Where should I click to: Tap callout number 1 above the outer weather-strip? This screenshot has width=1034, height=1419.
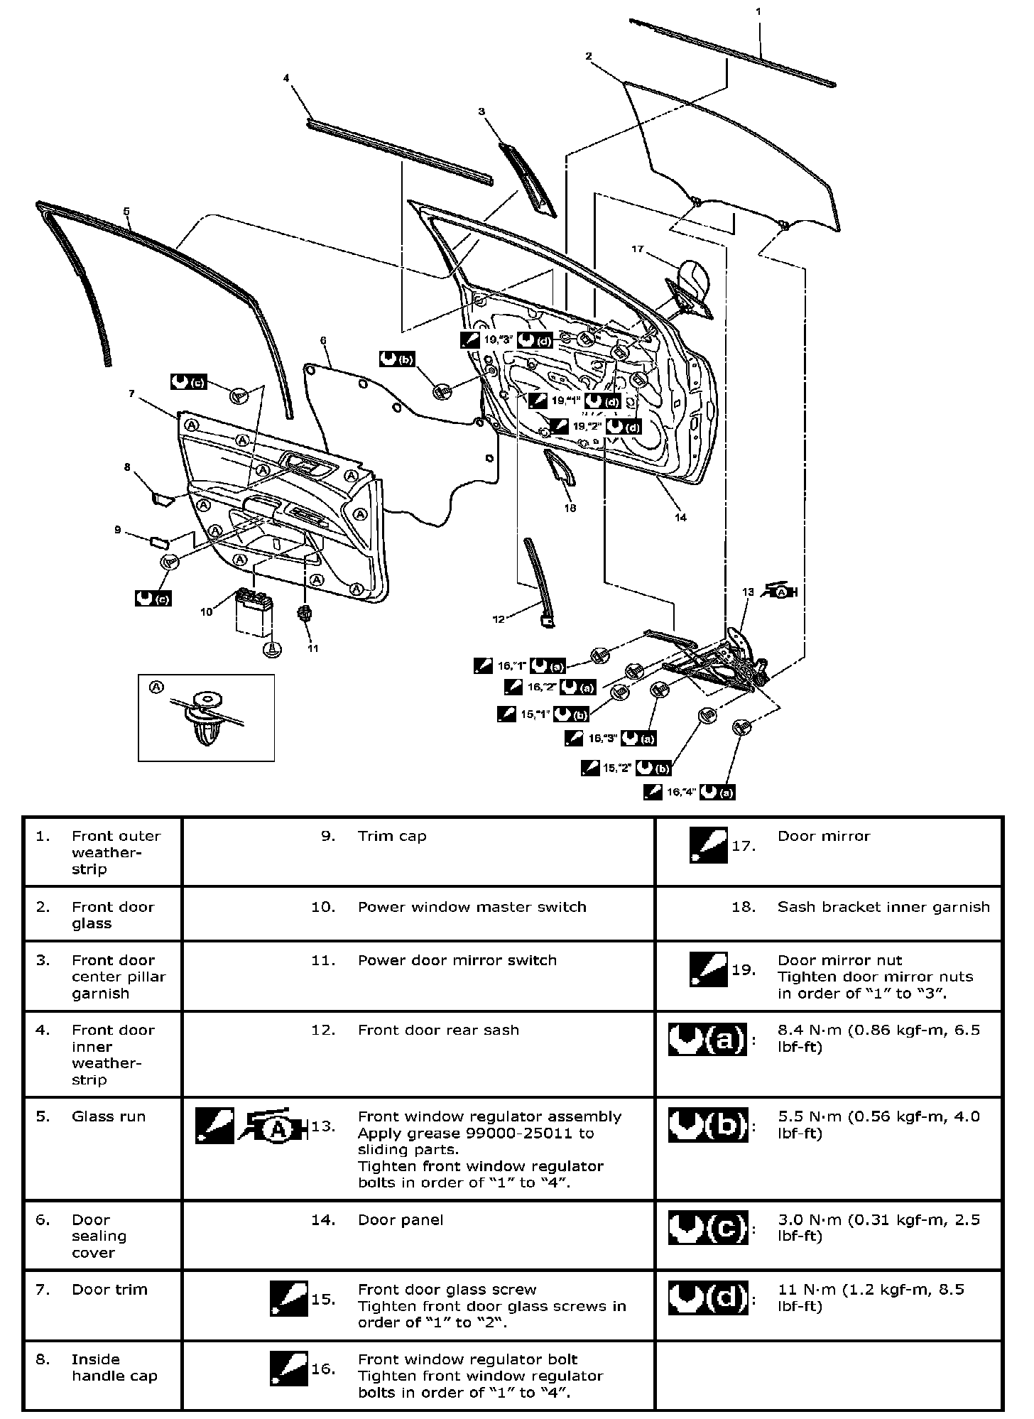click(x=758, y=12)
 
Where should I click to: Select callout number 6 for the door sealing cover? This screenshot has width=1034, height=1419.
click(x=323, y=341)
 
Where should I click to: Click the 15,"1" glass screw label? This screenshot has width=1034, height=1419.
click(x=535, y=714)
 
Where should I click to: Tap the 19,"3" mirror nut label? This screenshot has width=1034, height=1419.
click(x=499, y=339)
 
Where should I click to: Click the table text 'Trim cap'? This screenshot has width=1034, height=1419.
click(x=392, y=836)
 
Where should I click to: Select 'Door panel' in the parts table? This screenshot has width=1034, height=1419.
click(x=401, y=1219)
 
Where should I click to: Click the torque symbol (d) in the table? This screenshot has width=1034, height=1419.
click(x=708, y=1299)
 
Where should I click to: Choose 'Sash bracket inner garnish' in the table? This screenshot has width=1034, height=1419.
click(x=883, y=907)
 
